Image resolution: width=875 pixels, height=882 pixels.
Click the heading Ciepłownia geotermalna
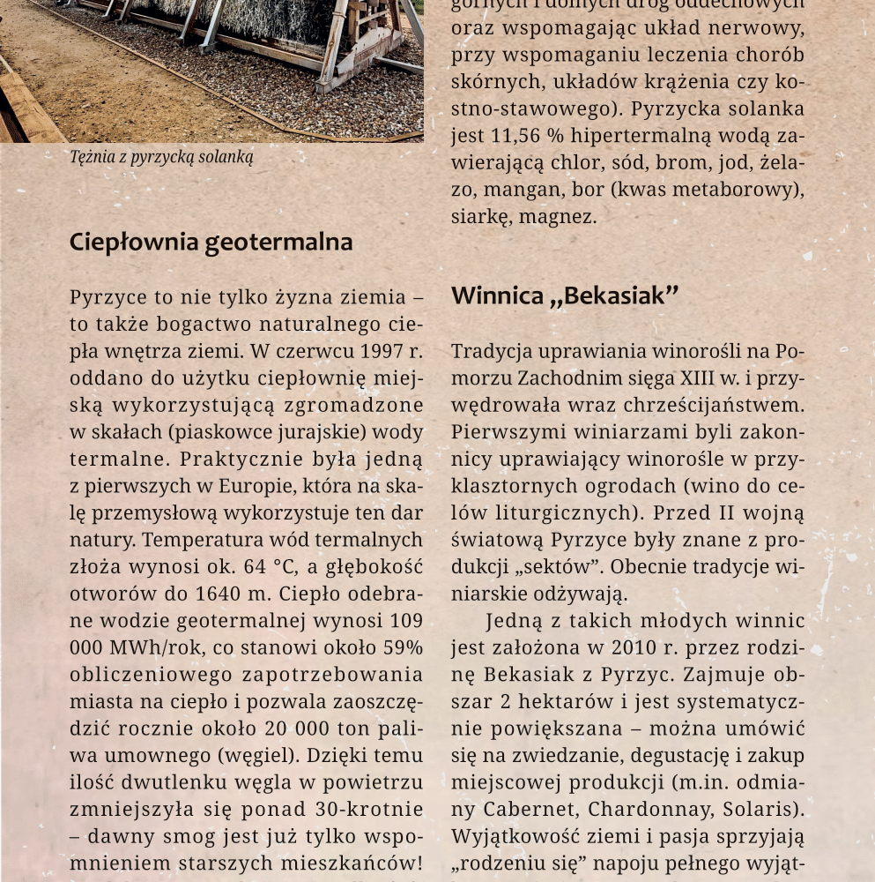211,242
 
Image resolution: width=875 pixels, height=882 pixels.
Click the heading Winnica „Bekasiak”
565,295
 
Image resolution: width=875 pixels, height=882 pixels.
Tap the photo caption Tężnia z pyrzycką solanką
161,158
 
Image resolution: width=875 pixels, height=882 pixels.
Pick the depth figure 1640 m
201,593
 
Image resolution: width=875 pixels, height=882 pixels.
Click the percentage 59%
401,647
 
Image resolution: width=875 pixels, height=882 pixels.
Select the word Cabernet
535,809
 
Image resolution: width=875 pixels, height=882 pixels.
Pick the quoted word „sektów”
554,566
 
